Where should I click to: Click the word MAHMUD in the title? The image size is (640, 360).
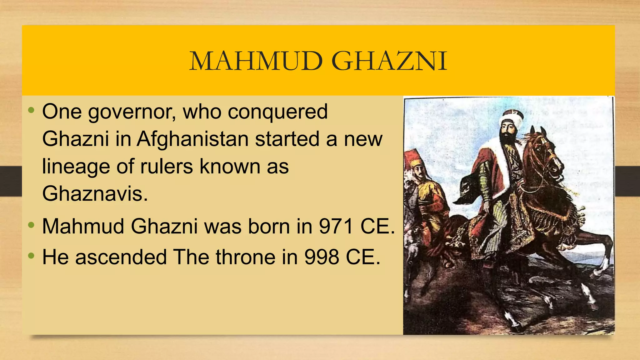pos(256,61)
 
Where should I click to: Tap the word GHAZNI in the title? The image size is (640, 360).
pos(389,61)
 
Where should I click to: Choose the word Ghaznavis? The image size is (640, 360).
pos(95,194)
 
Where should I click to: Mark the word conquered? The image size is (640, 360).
pos(277,112)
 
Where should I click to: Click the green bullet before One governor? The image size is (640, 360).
pos(31,110)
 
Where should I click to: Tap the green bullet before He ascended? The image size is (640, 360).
pos(31,256)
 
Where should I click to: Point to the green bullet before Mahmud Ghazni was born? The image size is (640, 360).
pos(31,225)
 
